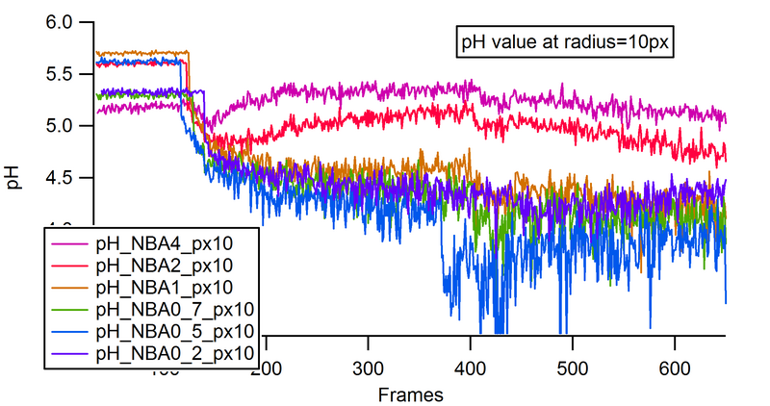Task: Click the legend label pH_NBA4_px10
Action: (164, 241)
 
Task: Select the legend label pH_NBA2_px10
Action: (164, 263)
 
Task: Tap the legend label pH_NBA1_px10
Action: (164, 286)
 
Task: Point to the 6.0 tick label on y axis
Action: (61, 21)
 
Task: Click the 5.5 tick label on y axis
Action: (61, 74)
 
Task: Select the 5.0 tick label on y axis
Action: (61, 127)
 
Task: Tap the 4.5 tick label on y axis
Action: (61, 179)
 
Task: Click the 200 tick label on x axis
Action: (266, 368)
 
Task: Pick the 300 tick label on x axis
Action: (368, 368)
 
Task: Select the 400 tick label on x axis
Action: (470, 368)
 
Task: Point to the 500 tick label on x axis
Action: (572, 368)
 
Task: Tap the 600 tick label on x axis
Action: (674, 368)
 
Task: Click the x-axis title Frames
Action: (411, 394)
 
